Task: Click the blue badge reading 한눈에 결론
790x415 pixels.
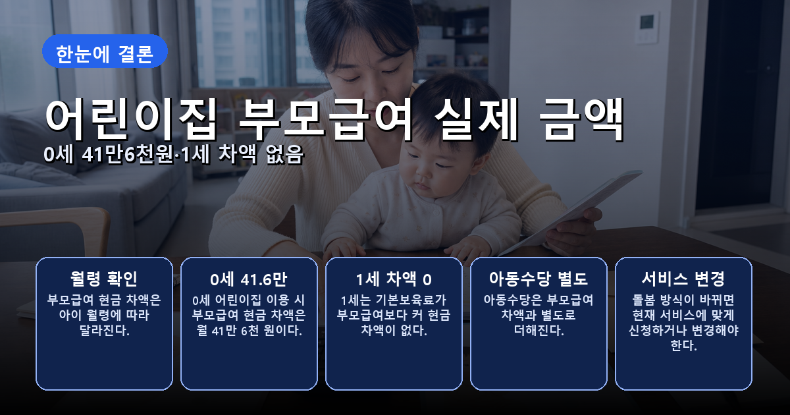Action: pyautogui.click(x=105, y=51)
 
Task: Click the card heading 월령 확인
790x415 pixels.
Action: pyautogui.click(x=104, y=279)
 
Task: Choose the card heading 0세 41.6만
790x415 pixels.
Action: pyautogui.click(x=249, y=279)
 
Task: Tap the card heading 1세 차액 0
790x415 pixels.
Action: pyautogui.click(x=394, y=279)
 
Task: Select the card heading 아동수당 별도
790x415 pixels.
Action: pyautogui.click(x=539, y=279)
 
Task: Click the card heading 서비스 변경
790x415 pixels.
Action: pyautogui.click(x=683, y=279)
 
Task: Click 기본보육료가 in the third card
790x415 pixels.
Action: pyautogui.click(x=411, y=300)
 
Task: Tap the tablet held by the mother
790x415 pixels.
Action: pyautogui.click(x=572, y=211)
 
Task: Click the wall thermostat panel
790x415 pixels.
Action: pyautogui.click(x=646, y=28)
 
